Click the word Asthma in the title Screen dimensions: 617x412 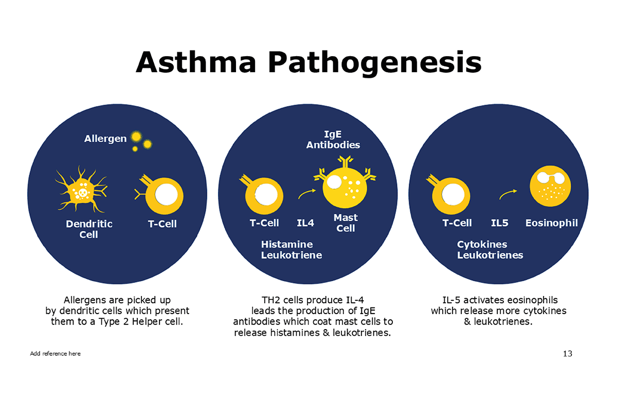pos(196,62)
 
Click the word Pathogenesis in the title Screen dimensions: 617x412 pos(375,64)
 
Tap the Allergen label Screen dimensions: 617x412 pos(105,139)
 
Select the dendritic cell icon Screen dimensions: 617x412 pos(81,190)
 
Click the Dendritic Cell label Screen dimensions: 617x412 pos(89,229)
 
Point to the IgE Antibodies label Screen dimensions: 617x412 pos(333,140)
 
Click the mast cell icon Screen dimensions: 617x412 pos(345,183)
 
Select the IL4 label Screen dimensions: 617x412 pos(305,223)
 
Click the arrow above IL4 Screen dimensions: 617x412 pos(306,193)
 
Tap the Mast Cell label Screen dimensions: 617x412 pos(346,223)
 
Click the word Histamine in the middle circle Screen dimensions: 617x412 pos(287,244)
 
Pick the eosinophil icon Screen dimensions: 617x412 pos(550,186)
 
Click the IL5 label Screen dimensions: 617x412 pos(500,223)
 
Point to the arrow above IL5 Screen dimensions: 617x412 pos(507,194)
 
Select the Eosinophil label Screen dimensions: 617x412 pos(551,223)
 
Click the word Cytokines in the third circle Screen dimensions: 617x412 pos(482,245)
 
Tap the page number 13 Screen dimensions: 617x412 pos(568,354)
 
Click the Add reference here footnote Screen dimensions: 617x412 pos(55,353)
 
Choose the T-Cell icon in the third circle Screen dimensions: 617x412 pos(448,195)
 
